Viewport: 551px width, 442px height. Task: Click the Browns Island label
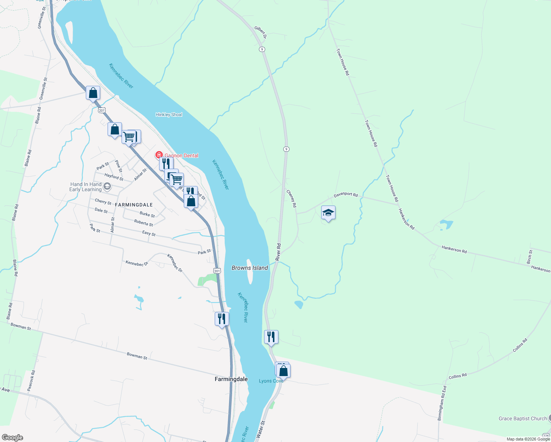tap(249, 268)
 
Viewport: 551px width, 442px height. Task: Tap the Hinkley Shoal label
tap(169, 115)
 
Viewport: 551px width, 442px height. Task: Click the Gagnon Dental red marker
tap(159, 155)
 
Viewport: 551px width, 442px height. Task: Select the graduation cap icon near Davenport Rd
tap(328, 213)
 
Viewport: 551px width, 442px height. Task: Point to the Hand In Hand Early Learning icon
tap(107, 186)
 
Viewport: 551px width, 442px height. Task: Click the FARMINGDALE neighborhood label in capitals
tap(134, 205)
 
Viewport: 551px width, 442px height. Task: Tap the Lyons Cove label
tap(271, 381)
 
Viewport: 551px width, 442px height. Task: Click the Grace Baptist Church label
tap(522, 418)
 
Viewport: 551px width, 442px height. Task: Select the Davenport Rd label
tap(345, 194)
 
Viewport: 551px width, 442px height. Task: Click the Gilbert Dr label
tap(260, 32)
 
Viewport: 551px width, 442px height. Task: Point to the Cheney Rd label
tap(291, 199)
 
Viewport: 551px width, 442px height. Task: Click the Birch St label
tap(530, 257)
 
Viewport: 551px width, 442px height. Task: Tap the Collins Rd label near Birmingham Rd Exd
tap(457, 376)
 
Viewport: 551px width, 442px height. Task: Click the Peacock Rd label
tap(31, 380)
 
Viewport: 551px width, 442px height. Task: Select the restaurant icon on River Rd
tap(271, 337)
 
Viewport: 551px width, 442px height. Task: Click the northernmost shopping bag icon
tap(93, 92)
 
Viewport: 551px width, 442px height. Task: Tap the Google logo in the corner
tap(12, 437)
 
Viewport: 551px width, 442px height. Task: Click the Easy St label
tap(149, 233)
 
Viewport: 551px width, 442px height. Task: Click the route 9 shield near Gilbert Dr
tap(262, 49)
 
